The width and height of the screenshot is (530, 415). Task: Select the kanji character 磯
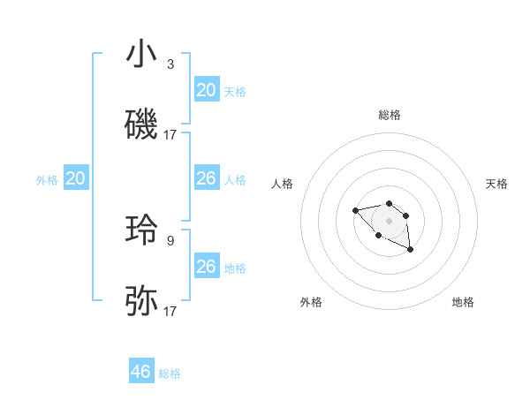click(x=141, y=126)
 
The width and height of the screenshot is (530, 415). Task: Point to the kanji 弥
click(x=141, y=301)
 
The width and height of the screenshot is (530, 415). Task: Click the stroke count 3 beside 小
click(x=170, y=64)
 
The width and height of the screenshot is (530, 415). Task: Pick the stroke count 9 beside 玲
click(x=170, y=239)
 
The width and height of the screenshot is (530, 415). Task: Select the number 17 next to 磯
click(x=170, y=135)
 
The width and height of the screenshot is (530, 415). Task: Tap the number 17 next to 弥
click(x=170, y=311)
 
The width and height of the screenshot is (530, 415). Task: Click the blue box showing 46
click(x=141, y=372)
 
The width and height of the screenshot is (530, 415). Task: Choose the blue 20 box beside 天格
click(x=206, y=90)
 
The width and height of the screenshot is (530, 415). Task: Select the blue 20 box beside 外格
click(x=75, y=178)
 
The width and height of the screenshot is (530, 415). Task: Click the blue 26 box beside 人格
click(x=206, y=178)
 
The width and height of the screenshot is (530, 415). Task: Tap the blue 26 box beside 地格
click(x=206, y=267)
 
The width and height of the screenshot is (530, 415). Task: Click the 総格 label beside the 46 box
click(x=170, y=373)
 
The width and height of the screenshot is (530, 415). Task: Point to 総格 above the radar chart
click(x=390, y=115)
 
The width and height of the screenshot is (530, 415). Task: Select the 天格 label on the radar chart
click(x=496, y=184)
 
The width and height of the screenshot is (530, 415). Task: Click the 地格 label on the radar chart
click(x=463, y=302)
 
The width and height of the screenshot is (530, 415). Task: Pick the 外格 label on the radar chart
click(x=311, y=302)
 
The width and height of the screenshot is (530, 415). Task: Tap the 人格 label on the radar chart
click(x=283, y=184)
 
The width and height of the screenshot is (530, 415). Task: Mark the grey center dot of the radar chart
click(x=389, y=220)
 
